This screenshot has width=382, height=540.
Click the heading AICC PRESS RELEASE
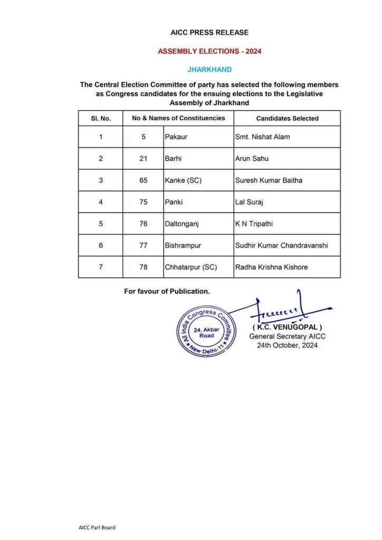tap(209, 33)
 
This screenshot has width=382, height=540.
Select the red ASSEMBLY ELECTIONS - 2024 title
tap(209, 52)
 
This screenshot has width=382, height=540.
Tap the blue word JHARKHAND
tap(209, 69)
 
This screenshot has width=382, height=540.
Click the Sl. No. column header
tap(100, 119)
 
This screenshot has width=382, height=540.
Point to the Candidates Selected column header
tap(287, 119)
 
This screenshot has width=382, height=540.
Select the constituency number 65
tap(143, 180)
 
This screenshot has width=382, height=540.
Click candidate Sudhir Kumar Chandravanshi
tap(281, 245)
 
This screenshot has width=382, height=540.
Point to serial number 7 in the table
tap(100, 267)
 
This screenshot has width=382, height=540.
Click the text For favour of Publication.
tap(167, 291)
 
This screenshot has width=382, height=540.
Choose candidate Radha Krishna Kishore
tap(271, 267)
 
